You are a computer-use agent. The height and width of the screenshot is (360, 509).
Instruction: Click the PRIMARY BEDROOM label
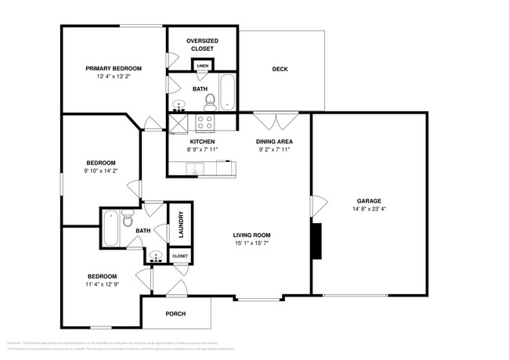(x=113, y=68)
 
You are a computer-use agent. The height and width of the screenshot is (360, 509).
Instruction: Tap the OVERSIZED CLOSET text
(x=201, y=45)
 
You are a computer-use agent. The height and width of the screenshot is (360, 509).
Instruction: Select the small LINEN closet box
(x=202, y=66)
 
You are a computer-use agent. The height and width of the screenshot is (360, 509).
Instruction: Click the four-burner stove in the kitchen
(x=205, y=121)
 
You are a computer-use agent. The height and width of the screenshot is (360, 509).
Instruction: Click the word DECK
(x=280, y=69)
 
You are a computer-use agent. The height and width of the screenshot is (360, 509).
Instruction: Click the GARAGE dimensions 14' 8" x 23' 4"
(x=370, y=209)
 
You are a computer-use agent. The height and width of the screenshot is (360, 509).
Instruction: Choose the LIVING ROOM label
(x=251, y=235)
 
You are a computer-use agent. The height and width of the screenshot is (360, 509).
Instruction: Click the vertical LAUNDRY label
(x=180, y=224)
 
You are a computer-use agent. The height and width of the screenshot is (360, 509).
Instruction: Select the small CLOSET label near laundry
(x=179, y=256)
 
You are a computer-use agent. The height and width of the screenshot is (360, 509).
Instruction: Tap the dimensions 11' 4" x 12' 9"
(x=102, y=285)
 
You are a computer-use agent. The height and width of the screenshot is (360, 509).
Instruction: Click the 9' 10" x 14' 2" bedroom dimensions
(x=101, y=171)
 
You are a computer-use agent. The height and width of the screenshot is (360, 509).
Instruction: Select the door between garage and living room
(x=316, y=207)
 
